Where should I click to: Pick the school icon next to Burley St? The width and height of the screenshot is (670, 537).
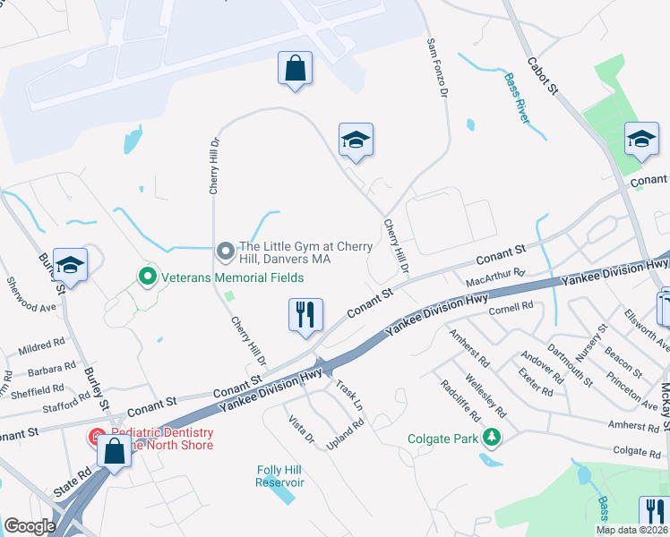(70, 265)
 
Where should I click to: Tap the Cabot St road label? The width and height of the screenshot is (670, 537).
(544, 78)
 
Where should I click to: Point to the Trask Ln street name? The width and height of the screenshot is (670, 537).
(350, 396)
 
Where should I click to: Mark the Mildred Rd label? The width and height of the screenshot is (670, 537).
(42, 343)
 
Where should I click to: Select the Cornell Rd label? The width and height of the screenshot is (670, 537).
(511, 307)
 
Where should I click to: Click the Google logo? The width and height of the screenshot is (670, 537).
(30, 526)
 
